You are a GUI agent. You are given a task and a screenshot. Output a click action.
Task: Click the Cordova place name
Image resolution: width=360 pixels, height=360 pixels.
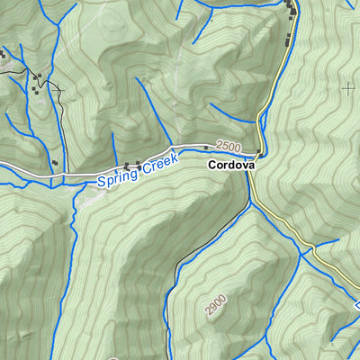[231, 166]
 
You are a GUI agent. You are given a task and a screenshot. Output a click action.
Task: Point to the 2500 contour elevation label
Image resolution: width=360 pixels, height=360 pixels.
[229, 147]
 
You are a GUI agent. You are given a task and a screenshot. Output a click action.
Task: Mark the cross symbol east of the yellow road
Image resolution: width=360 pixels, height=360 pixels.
[348, 87]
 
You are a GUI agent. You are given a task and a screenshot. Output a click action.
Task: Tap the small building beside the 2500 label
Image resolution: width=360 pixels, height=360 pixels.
[206, 147]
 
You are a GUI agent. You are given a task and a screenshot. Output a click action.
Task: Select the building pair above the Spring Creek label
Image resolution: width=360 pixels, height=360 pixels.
[131, 165]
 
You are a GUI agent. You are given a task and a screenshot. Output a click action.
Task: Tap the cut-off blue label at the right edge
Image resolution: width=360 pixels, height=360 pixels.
[356, 307]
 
